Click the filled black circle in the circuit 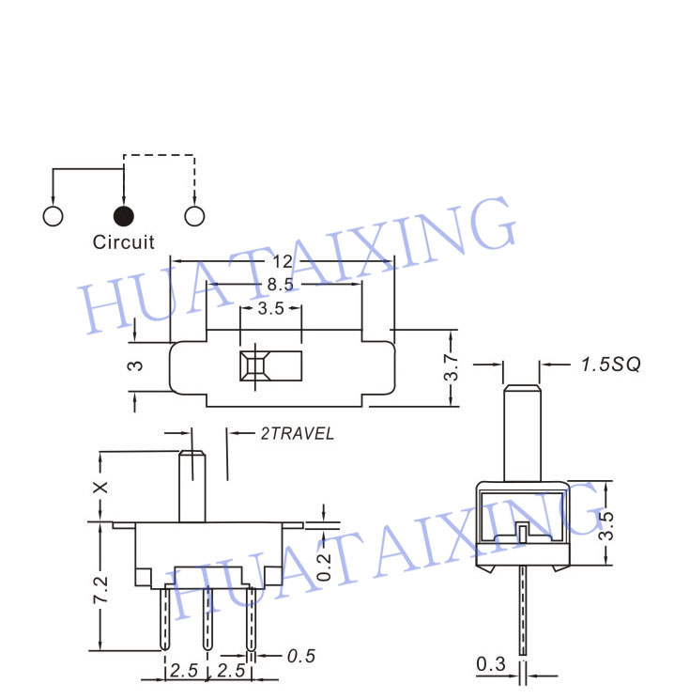click(123, 215)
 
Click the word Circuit click(123, 242)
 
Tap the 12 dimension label click(283, 261)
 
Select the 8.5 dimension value click(283, 285)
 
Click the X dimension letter click(103, 486)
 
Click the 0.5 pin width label click(299, 654)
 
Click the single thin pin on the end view click(522, 611)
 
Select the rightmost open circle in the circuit click(194, 215)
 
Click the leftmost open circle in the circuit click(53, 215)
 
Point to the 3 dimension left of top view click(136, 367)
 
